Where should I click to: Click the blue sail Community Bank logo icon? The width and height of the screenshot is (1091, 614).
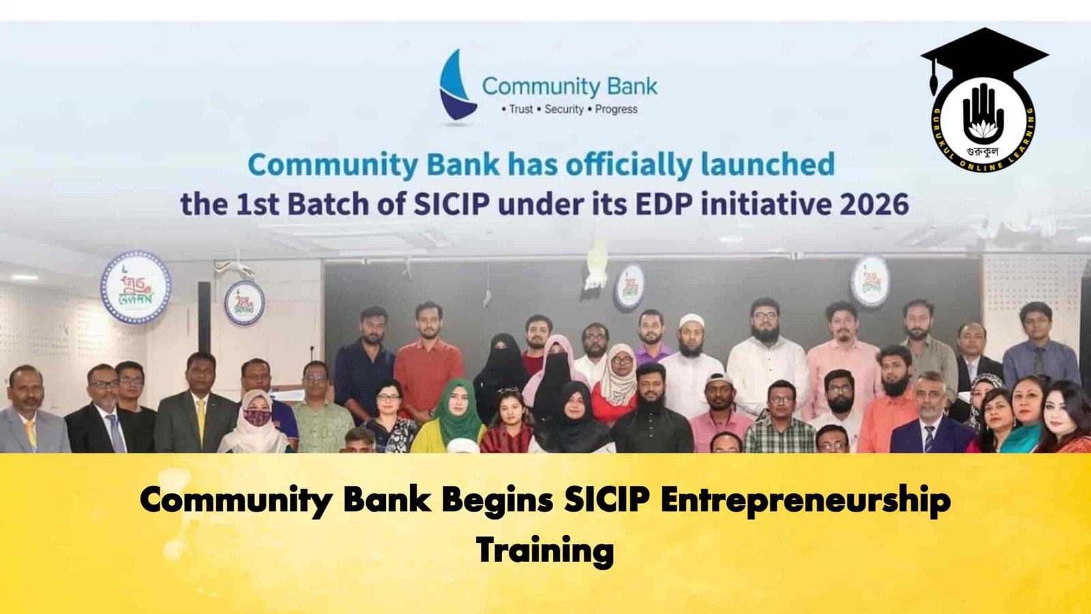pos(455,85)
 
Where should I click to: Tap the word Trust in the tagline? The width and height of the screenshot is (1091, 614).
pos(521,109)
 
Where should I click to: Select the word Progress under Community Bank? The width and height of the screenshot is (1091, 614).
pos(616,109)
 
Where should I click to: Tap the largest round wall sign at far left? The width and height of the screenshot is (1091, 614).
pos(136,287)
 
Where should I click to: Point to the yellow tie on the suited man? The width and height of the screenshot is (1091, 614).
pos(201,418)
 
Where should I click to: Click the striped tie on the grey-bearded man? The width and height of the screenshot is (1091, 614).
pos(928,437)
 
